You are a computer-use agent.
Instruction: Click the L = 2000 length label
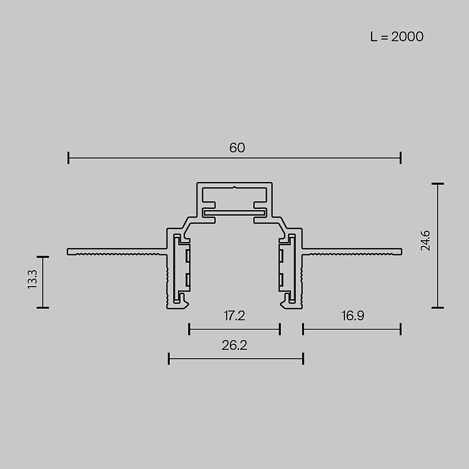(396, 37)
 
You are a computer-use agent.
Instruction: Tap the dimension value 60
(237, 148)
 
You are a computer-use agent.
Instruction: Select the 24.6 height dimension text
(425, 241)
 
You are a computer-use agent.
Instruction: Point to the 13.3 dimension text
(32, 280)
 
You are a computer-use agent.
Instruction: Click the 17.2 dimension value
(234, 316)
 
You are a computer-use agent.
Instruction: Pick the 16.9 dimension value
(353, 316)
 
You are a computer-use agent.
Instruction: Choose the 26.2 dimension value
(234, 346)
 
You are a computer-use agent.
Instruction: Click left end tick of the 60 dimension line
(69, 158)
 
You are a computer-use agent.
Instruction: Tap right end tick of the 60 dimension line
(401, 158)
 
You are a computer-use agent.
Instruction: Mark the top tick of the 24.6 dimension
(438, 184)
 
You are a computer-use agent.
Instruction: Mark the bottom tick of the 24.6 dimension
(438, 308)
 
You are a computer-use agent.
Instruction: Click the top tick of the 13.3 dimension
(43, 257)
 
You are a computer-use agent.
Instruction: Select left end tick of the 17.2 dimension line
(189, 329)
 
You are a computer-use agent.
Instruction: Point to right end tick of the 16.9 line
(401, 329)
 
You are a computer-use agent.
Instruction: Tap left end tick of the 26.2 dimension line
(169, 359)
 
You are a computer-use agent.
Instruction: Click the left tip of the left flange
(68, 251)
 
